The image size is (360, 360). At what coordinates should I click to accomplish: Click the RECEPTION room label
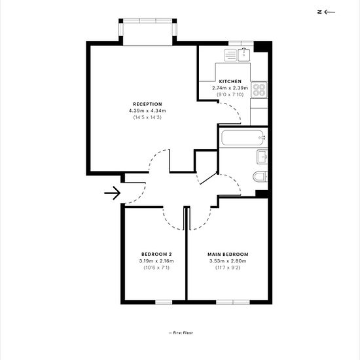tap(147, 104)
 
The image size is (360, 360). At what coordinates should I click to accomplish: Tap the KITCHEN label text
tap(230, 82)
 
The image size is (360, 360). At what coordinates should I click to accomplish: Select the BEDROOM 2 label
tap(156, 255)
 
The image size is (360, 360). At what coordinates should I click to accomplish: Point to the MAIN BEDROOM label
tap(228, 255)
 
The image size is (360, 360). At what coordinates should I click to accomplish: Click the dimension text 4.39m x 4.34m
tap(147, 111)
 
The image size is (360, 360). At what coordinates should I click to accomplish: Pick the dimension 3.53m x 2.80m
tap(228, 261)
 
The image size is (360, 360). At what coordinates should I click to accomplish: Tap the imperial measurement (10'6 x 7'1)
tap(156, 268)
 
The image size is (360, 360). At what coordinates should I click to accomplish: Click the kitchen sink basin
tap(244, 54)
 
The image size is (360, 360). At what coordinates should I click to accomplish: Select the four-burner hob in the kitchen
tap(259, 90)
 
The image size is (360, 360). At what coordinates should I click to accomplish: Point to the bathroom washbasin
tap(262, 156)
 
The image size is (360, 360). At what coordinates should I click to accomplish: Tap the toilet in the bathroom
tap(261, 177)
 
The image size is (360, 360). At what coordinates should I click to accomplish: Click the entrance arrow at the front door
tap(113, 193)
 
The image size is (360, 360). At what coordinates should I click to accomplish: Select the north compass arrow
tap(330, 12)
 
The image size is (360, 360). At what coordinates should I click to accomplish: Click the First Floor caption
tap(181, 333)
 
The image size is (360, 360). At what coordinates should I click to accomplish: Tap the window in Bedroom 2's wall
tap(164, 302)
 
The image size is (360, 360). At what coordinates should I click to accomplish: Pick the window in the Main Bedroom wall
tap(233, 302)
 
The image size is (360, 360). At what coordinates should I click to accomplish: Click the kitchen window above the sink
tap(241, 43)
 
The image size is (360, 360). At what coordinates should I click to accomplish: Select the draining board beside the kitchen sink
tap(230, 56)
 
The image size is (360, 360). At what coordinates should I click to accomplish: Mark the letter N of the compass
tap(319, 12)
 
